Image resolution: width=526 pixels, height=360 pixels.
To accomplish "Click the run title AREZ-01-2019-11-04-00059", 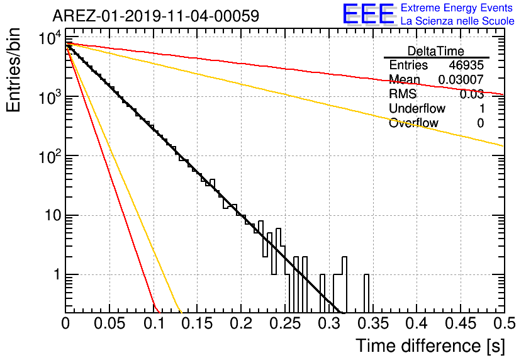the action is tap(156, 16).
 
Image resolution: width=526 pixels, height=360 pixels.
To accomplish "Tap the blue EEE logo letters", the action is tap(368, 14).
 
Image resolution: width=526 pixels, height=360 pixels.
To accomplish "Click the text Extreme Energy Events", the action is tap(457, 8).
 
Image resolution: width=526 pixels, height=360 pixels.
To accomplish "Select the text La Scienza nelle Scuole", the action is tap(457, 21).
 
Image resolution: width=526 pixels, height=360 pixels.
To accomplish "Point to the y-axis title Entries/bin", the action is tap(13, 70).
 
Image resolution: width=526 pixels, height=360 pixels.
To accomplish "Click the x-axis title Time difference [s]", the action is tap(430, 346).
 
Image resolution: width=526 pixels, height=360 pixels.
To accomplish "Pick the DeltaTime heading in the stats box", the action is tap(436, 51).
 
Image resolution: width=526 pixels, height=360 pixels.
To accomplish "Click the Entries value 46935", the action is tap(466, 65).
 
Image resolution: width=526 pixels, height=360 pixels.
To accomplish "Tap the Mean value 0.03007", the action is tap(461, 79).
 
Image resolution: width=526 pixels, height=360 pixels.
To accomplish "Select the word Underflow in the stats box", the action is tap(417, 108).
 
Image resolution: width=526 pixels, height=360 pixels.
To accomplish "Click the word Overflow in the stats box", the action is tap(413, 123).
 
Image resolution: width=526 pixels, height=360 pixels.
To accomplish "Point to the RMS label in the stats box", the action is tap(403, 94).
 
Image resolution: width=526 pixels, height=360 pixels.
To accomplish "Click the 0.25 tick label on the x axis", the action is tap(286, 323).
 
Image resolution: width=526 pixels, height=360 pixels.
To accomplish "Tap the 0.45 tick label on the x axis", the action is tap(461, 323).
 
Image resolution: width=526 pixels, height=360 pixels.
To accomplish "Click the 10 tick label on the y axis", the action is tap(53, 215).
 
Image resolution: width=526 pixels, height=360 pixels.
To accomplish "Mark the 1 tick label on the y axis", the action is tap(57, 274).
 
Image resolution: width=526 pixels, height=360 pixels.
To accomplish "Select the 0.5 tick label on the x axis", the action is tap(505, 323).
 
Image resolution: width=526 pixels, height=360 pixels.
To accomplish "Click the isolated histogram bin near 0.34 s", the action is tap(367, 293).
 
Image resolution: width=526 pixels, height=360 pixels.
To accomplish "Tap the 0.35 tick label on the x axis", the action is tap(373, 323).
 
